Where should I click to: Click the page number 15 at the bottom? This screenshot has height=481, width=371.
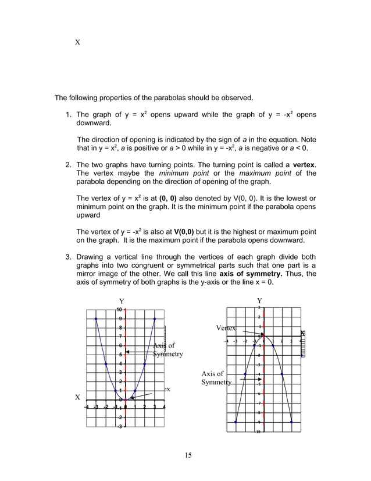point(185,455)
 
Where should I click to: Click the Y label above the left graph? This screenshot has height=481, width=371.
point(122,300)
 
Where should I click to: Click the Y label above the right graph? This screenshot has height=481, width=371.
point(259,300)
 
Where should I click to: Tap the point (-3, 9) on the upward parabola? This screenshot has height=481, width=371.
point(96,319)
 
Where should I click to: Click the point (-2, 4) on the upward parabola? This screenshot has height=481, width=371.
point(106,364)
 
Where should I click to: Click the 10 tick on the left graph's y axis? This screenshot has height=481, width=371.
point(119,309)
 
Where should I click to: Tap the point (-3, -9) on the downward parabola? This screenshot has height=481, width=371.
point(236,422)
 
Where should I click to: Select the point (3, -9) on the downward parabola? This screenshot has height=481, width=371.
point(291,422)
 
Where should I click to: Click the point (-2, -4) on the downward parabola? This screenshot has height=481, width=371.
point(245,374)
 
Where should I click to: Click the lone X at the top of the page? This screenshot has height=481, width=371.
point(77,43)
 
